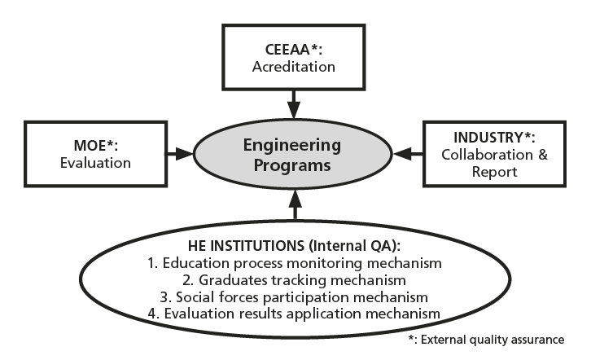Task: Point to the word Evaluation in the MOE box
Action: [x=95, y=163]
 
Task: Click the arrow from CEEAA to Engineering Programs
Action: [x=295, y=106]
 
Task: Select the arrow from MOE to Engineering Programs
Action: [x=178, y=152]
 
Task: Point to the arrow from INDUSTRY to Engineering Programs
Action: [x=409, y=152]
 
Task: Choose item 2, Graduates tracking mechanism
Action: [x=295, y=279]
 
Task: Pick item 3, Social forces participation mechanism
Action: [x=295, y=296]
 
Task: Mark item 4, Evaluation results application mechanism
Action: [x=295, y=314]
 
